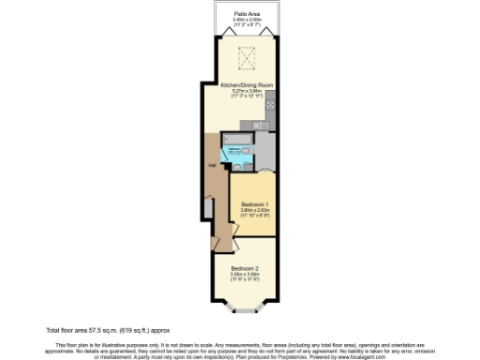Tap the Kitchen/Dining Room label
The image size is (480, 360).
tap(247, 84)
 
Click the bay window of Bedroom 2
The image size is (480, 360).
tap(248, 307)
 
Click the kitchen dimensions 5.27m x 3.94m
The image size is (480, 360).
tap(247, 90)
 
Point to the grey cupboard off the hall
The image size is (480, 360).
tap(207, 208)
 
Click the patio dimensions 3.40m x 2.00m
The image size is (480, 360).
tap(247, 20)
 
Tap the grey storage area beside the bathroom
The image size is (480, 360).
tap(265, 150)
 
